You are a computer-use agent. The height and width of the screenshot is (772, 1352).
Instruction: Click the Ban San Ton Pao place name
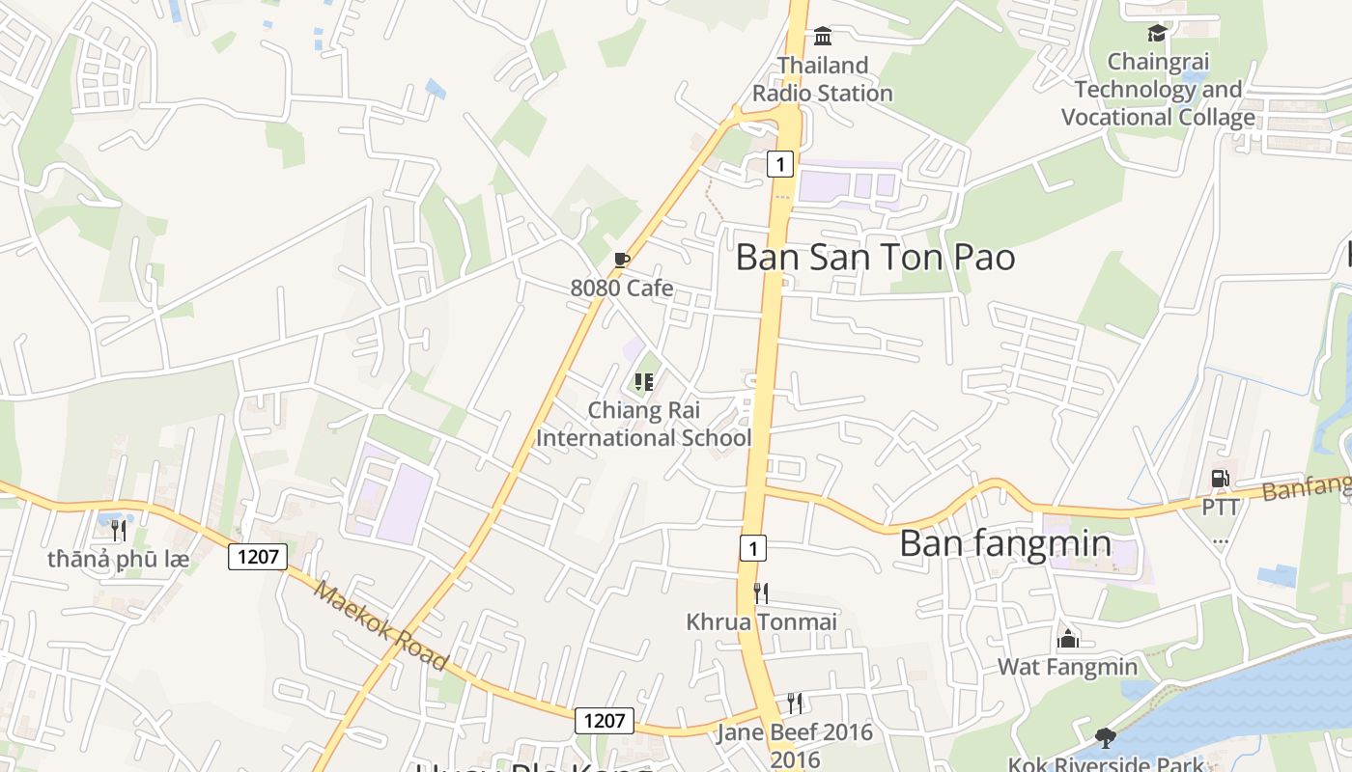(875, 258)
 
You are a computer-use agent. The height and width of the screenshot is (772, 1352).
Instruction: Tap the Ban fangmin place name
(1005, 543)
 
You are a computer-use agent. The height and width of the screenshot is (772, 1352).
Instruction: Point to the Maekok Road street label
(380, 626)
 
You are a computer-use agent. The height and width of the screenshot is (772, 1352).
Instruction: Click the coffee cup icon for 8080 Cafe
(622, 260)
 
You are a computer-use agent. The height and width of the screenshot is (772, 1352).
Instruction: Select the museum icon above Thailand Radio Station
(823, 37)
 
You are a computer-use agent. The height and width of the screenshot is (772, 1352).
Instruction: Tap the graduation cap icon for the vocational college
(1157, 34)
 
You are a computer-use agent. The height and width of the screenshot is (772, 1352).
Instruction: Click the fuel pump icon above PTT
(1220, 478)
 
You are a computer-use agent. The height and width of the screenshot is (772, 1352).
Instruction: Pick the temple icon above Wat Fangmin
(1067, 638)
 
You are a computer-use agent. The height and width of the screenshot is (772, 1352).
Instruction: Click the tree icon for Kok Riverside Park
(1106, 738)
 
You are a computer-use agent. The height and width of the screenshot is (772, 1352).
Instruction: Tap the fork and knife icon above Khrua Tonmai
(761, 593)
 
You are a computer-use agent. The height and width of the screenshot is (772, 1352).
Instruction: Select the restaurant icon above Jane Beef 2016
(795, 703)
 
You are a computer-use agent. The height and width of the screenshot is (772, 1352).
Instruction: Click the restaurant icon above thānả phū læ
(119, 530)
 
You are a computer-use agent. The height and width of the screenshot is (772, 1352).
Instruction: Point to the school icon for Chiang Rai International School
(644, 382)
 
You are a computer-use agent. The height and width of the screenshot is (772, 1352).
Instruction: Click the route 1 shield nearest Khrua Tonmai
(753, 548)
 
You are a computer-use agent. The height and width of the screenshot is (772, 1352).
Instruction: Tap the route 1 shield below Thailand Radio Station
(779, 164)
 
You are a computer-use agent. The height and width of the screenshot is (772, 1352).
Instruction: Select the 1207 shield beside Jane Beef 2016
(605, 720)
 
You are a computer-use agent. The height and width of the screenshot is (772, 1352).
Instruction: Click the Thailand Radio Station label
(823, 79)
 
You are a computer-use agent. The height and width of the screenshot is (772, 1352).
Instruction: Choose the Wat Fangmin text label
(1067, 667)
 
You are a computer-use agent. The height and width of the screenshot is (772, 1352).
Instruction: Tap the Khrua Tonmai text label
(761, 621)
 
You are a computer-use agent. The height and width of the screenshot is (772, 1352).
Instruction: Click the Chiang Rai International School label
(643, 424)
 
